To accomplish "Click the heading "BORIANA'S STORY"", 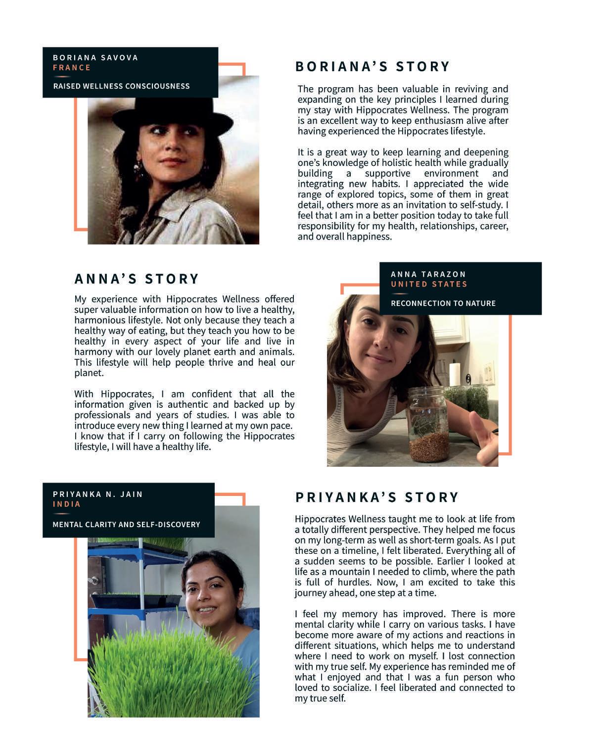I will tap(373, 66).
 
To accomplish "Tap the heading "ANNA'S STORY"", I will tap(137, 279).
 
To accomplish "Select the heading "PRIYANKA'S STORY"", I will tap(377, 497).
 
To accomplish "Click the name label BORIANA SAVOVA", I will tap(95, 57).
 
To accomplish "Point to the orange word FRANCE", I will tap(72, 68).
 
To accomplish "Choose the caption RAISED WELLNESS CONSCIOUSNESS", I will tap(121, 86).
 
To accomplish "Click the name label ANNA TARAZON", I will tap(428, 274).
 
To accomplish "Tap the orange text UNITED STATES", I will tap(429, 284).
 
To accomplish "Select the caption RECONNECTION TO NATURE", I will tap(443, 303).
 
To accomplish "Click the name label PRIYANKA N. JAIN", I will tap(97, 494).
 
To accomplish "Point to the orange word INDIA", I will tap(67, 504).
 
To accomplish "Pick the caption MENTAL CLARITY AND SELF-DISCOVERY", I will tap(126, 524).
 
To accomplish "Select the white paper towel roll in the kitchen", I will tap(454, 374).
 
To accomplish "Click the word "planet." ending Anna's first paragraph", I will tap(89, 373).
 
